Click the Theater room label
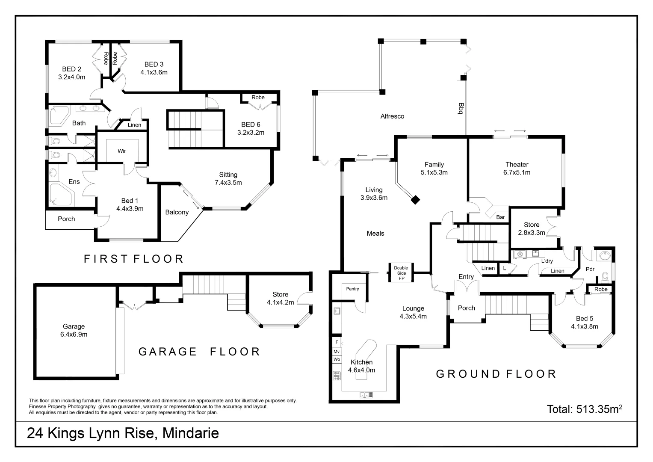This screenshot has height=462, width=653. pyautogui.click(x=517, y=165)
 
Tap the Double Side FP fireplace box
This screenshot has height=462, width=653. pyautogui.click(x=401, y=272)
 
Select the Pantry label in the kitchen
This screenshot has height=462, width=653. pyautogui.click(x=352, y=289)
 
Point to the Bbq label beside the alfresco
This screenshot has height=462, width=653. pyautogui.click(x=461, y=108)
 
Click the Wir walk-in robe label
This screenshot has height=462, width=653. pyautogui.click(x=122, y=151)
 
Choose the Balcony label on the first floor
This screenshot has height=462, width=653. pyautogui.click(x=177, y=212)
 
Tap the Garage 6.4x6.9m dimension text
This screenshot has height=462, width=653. pyautogui.click(x=74, y=334)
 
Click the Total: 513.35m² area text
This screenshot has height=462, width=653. pyautogui.click(x=584, y=409)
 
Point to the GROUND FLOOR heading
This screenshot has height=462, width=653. pyautogui.click(x=496, y=374)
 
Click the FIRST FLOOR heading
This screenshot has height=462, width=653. pyautogui.click(x=133, y=259)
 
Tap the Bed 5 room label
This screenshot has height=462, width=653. pyautogui.click(x=584, y=318)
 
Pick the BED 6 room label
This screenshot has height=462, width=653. pyautogui.click(x=251, y=124)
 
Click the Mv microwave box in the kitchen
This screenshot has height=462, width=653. pyautogui.click(x=337, y=351)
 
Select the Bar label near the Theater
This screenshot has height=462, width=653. pyautogui.click(x=500, y=217)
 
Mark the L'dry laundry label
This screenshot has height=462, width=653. pyautogui.click(x=547, y=261)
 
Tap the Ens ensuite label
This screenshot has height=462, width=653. pyautogui.click(x=74, y=182)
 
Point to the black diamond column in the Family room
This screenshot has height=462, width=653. pyautogui.click(x=415, y=199)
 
